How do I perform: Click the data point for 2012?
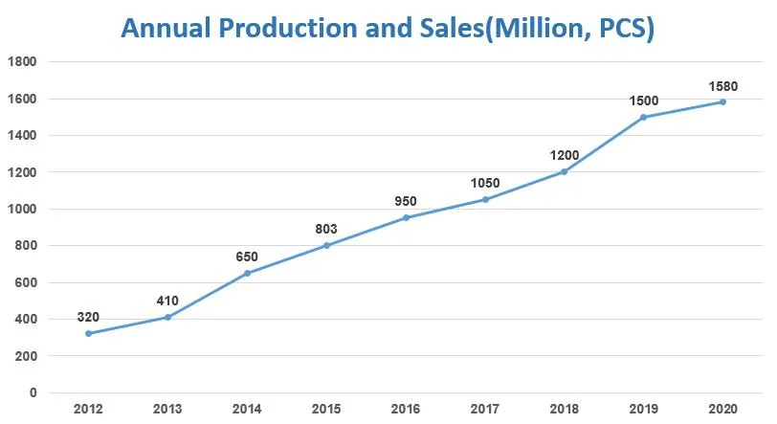pyautogui.click(x=88, y=333)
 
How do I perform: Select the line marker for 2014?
pyautogui.click(x=247, y=273)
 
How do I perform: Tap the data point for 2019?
pyautogui.click(x=643, y=117)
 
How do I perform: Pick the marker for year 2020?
pyautogui.click(x=722, y=101)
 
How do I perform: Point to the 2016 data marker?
pyautogui.click(x=406, y=217)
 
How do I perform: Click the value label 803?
pyautogui.click(x=326, y=229)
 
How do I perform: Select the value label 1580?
pyautogui.click(x=722, y=85)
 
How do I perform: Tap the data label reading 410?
pyautogui.click(x=167, y=301)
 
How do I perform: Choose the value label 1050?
pyautogui.click(x=485, y=183)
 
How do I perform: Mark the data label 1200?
pyautogui.click(x=565, y=155)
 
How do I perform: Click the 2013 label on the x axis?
pyautogui.click(x=167, y=410)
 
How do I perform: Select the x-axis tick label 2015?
pyautogui.click(x=326, y=410)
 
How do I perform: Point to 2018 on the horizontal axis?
pyautogui.click(x=565, y=410)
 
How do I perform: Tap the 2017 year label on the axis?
pyautogui.click(x=485, y=410)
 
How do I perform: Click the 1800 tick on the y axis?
pyautogui.click(x=23, y=62)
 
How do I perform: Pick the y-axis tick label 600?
pyautogui.click(x=26, y=282)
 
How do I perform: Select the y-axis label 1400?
pyautogui.click(x=23, y=136)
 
